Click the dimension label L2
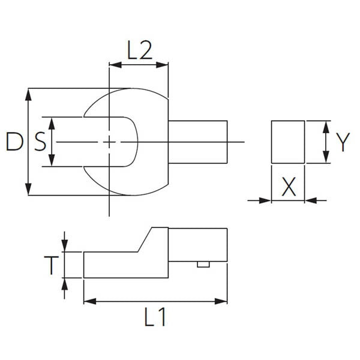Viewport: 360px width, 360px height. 139,51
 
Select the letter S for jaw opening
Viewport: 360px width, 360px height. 39,142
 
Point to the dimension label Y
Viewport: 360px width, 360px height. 342,142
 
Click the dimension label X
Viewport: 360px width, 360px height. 289,187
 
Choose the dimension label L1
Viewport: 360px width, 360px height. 155,317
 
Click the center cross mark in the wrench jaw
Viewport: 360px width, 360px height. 109,142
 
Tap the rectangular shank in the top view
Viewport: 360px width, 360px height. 198,142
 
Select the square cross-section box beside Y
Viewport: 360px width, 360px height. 289,142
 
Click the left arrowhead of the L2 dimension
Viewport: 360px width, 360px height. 112,63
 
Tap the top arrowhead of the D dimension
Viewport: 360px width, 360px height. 29,92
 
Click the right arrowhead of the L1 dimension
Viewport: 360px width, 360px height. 224,301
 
